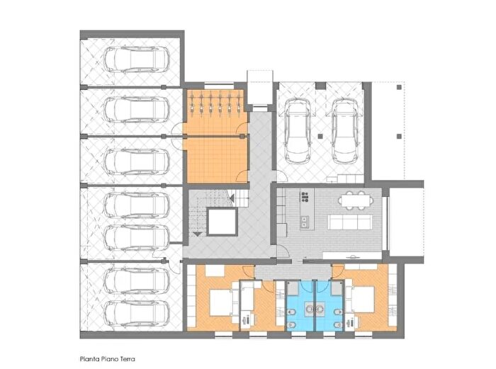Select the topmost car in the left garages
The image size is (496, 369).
point(136,59)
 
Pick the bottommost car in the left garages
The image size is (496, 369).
point(136,313)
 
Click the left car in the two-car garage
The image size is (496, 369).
point(298,131)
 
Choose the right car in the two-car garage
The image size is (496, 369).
point(345,131)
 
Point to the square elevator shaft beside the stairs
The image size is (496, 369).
point(222,222)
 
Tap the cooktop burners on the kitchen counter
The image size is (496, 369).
point(305,197)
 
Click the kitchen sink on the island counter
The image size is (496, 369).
point(305,222)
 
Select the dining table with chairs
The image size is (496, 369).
point(356,200)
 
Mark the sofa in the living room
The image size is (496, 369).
point(349,222)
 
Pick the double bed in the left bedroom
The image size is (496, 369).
point(224,302)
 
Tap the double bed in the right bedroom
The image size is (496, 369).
point(360,300)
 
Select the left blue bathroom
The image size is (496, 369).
point(300,305)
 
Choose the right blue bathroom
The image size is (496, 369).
point(329,305)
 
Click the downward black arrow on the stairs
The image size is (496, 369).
point(197,234)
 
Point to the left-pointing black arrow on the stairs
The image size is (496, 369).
point(232,198)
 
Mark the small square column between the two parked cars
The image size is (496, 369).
point(320,137)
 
